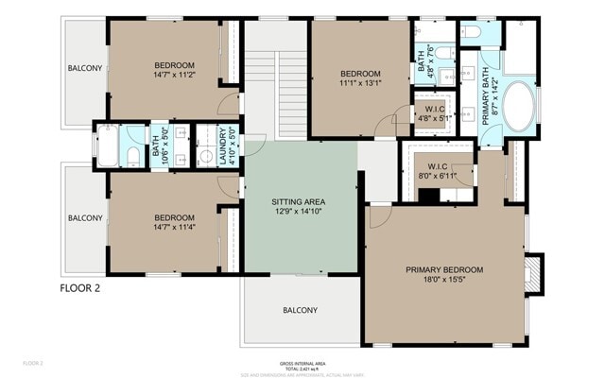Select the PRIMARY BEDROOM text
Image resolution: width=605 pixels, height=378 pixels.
pos(444,269)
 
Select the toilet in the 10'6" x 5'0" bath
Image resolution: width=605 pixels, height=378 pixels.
pos(134,155)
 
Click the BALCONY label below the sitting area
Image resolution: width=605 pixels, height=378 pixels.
pos(301,310)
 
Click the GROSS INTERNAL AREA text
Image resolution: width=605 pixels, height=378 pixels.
pos(302,363)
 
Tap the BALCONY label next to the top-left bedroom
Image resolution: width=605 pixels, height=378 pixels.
pos(84,68)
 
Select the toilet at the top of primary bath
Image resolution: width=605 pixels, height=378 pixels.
pos(472,33)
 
